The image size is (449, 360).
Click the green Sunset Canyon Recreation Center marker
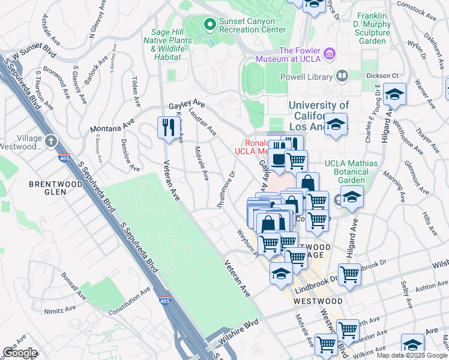tap(209, 25)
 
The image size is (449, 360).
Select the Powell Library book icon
tap(342, 76)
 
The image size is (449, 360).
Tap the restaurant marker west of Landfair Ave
tap(166, 127)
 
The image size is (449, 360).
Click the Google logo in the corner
tap(20, 352)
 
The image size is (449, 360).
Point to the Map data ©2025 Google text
tap(411, 355)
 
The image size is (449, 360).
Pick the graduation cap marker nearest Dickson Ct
tap(394, 94)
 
